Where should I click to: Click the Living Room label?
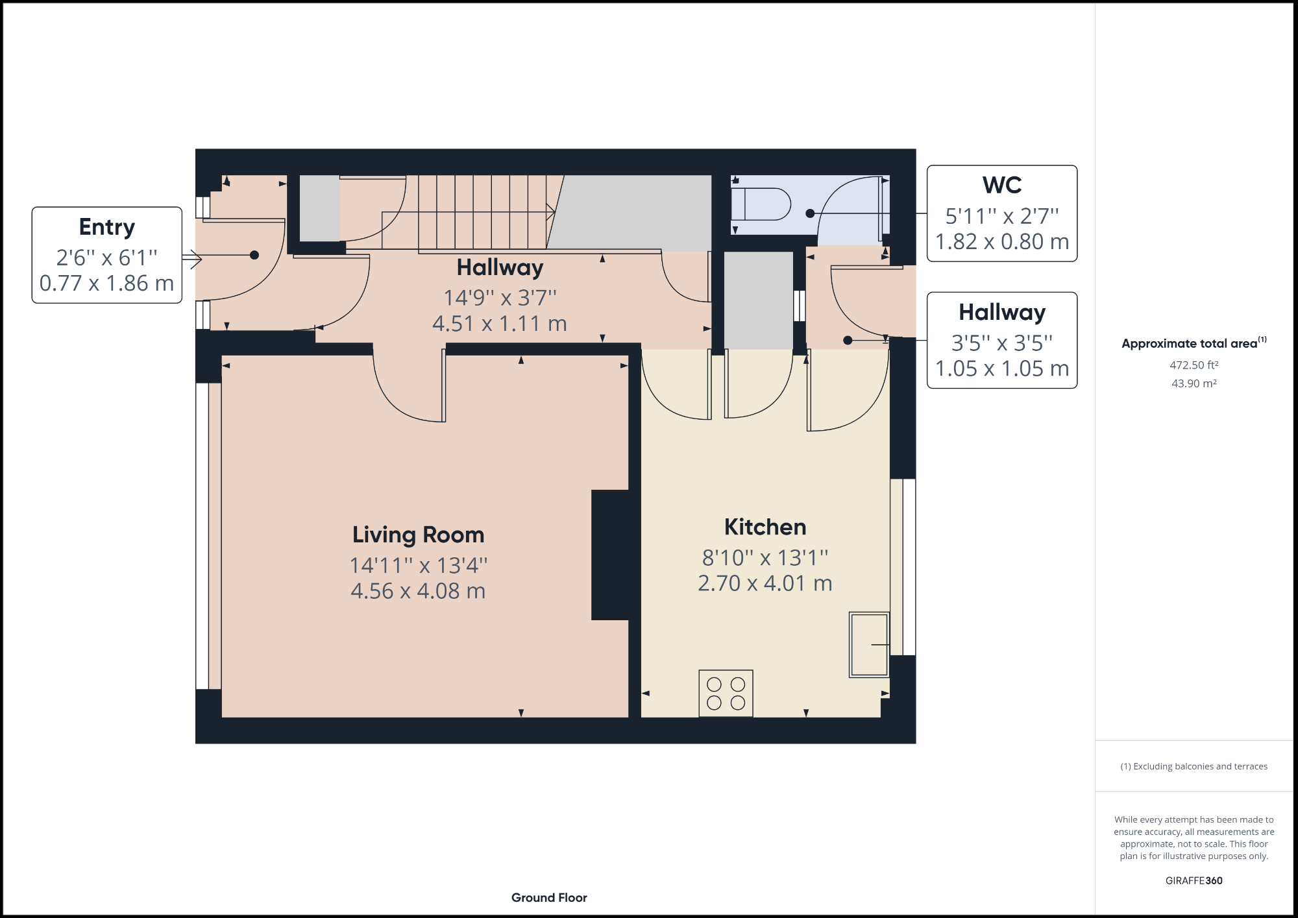[418, 535]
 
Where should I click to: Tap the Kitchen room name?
[765, 527]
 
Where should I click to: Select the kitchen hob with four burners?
[726, 694]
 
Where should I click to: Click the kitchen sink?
[868, 645]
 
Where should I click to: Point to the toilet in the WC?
[761, 204]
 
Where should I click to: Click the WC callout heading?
[1001, 186]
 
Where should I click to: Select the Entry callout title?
[107, 227]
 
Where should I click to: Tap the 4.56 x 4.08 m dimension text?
[418, 591]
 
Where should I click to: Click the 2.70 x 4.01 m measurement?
[765, 583]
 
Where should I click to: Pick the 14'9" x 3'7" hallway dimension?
[500, 298]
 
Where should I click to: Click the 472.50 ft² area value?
[1194, 365]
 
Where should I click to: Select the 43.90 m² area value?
[1194, 383]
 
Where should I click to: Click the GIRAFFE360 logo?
[1194, 880]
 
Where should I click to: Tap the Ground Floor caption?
[549, 897]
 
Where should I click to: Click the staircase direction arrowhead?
[551, 211]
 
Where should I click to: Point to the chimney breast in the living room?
[610, 555]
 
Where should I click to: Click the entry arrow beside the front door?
[192, 260]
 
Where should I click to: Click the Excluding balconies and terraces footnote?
[1194, 766]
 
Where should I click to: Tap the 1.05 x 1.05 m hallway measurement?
[1001, 368]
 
